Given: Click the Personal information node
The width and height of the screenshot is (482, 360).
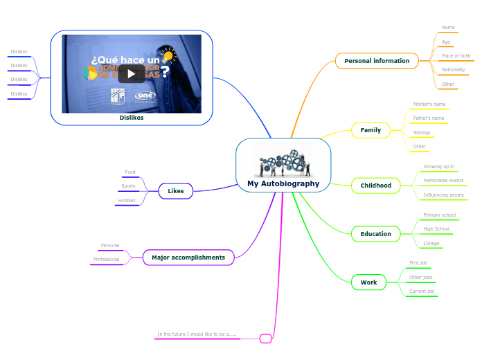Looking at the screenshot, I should click(377, 61).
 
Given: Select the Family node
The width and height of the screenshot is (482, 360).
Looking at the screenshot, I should click(371, 130).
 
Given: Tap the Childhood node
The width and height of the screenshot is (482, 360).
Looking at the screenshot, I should click(375, 186).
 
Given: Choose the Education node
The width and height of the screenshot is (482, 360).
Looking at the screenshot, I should click(375, 234).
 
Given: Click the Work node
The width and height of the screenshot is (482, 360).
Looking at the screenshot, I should click(368, 282).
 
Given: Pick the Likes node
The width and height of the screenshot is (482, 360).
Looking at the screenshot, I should click(175, 190).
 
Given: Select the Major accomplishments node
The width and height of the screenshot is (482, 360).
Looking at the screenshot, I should click(188, 258).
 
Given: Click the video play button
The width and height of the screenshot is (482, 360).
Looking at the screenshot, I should click(131, 73).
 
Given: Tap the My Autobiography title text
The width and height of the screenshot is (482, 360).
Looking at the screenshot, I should click(283, 184).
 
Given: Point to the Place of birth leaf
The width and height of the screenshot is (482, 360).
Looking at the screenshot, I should click(456, 56).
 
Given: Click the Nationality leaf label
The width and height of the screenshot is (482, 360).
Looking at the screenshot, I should click(453, 70).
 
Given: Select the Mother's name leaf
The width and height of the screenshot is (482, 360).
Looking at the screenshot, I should click(429, 105).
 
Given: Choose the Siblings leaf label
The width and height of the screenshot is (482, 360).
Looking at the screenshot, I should click(421, 132).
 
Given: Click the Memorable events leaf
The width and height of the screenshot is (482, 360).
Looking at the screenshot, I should click(443, 181).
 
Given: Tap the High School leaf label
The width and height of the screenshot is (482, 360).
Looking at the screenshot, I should click(436, 229).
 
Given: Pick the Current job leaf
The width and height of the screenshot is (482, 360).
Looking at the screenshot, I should click(421, 291).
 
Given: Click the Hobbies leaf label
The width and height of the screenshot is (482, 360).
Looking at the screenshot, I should click(126, 201).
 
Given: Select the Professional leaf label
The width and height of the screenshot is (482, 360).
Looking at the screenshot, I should click(106, 260).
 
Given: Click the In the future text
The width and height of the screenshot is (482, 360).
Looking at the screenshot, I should click(197, 334).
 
